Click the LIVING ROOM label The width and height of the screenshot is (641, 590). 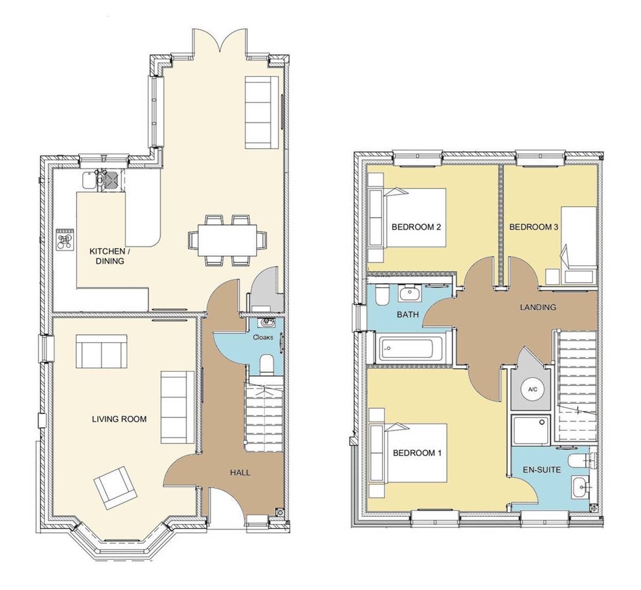click(x=119, y=419)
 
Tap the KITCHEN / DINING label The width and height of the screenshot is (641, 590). click(x=107, y=256)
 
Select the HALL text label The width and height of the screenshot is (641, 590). click(x=240, y=472)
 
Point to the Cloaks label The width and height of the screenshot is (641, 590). click(x=262, y=337)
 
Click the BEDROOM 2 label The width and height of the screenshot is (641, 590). click(x=416, y=227)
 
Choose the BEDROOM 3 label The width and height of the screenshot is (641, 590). click(x=534, y=227)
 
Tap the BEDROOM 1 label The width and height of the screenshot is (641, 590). click(x=417, y=453)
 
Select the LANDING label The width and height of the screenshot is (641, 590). click(x=538, y=307)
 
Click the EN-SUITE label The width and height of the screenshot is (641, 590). click(x=542, y=470)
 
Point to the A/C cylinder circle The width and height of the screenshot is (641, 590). click(x=532, y=390)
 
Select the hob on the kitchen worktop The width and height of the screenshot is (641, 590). click(x=65, y=239)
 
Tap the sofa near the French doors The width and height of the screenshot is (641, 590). click(x=261, y=112)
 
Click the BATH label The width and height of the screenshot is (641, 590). click(x=408, y=315)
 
